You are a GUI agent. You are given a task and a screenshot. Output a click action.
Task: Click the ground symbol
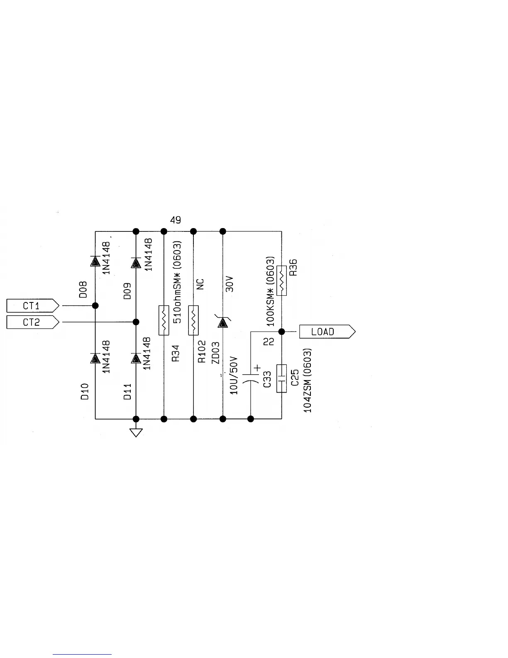point(136,432)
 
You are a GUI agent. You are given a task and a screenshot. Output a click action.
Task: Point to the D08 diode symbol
point(95,261)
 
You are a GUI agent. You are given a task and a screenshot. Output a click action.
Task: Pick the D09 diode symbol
point(136,263)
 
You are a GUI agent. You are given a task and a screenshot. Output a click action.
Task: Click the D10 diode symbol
point(95,358)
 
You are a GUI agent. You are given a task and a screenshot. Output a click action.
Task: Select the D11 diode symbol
point(136,358)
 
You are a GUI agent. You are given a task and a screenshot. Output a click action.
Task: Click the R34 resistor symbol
point(164,320)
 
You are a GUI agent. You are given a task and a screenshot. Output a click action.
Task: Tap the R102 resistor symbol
point(193,320)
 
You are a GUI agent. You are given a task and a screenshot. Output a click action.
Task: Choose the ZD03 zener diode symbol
point(223,322)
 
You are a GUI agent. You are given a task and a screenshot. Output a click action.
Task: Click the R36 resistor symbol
point(281,280)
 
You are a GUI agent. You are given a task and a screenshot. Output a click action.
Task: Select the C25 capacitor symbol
point(281,378)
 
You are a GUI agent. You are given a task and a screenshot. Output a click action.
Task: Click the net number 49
point(176,220)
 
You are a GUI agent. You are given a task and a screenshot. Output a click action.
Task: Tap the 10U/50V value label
point(234,375)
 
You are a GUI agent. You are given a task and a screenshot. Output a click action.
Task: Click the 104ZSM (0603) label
point(308,381)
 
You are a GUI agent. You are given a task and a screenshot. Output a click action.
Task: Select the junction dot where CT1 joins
point(95,306)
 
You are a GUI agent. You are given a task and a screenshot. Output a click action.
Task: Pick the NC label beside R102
point(200,284)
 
